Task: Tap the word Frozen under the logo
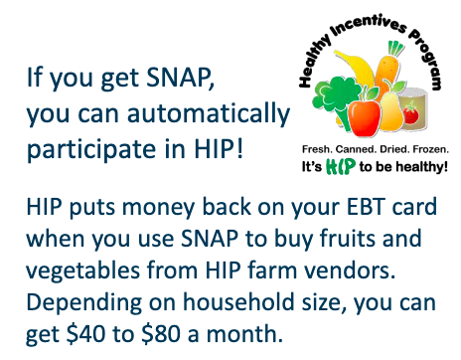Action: click(x=426, y=149)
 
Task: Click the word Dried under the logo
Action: click(x=391, y=149)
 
